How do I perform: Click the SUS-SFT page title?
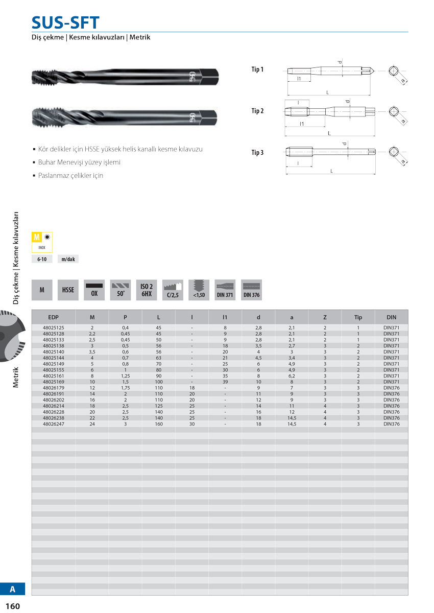(65, 22)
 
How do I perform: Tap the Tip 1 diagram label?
(257, 69)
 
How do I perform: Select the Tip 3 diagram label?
(257, 152)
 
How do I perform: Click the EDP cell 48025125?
(53, 327)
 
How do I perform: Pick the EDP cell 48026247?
(53, 424)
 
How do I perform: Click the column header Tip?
(358, 317)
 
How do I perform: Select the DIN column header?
(391, 317)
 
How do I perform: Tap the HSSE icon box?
(68, 290)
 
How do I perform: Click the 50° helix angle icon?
(120, 290)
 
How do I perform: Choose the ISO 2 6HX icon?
(147, 290)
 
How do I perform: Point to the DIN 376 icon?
(251, 290)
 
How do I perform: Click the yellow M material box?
(36, 237)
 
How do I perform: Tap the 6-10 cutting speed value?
(42, 260)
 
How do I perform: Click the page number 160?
(13, 606)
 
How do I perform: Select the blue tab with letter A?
(13, 589)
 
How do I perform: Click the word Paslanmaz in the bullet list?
(53, 176)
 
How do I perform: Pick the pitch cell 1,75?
(125, 388)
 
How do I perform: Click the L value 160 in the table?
(158, 424)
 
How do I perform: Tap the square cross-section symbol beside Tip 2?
(394, 111)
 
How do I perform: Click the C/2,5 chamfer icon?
(173, 290)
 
